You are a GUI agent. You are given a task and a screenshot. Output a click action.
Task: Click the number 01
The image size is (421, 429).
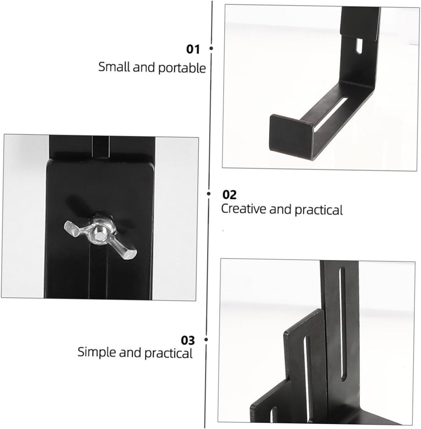(193, 49)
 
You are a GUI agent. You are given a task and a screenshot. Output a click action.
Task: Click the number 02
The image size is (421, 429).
(229, 194)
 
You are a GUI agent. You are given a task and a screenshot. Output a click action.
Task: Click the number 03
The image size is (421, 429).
(188, 340)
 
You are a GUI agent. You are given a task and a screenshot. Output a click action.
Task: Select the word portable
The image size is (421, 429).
(182, 68)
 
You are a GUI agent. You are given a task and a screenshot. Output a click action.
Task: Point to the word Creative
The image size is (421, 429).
(244, 209)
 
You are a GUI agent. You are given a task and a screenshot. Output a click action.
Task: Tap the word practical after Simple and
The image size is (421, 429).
(169, 353)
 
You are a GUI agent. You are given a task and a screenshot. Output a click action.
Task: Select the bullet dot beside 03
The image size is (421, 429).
(206, 340)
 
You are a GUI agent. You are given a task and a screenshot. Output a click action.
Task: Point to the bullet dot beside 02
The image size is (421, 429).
(210, 194)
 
